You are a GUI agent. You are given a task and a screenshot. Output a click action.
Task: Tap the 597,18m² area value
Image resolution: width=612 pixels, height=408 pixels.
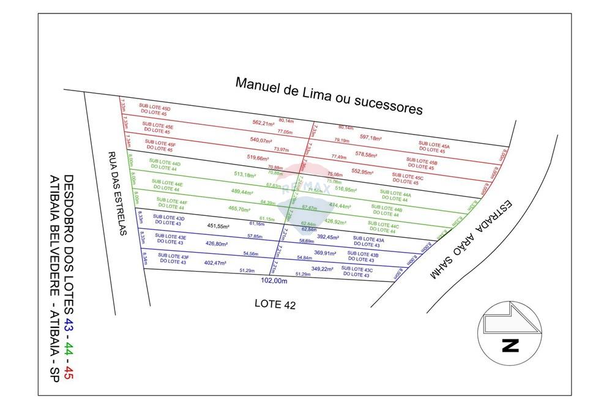coord(371,138)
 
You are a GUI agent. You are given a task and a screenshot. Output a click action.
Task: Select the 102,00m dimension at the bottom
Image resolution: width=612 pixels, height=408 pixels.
coord(274,281)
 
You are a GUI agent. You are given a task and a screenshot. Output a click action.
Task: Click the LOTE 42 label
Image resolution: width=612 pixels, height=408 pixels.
coord(275,304)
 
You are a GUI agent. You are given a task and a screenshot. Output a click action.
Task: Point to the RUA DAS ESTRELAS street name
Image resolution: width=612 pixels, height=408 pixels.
coord(115,193)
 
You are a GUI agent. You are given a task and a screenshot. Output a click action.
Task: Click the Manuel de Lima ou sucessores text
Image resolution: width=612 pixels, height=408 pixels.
coord(329,95)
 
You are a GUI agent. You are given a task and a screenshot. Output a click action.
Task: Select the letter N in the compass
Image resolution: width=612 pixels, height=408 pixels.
coord(510,346)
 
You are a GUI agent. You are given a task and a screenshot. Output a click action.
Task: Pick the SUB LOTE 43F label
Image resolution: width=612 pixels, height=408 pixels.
coord(173,258)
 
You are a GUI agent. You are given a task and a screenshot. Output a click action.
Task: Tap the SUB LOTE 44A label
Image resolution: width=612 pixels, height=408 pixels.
coord(395,195)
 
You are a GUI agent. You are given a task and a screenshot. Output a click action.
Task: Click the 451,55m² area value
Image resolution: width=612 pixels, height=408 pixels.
coord(218,226)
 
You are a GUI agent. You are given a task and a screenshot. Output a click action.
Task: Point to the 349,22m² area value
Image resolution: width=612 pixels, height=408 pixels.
coord(322,269)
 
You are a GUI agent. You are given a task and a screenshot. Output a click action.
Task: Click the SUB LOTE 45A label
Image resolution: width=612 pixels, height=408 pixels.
coord(434,147)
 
